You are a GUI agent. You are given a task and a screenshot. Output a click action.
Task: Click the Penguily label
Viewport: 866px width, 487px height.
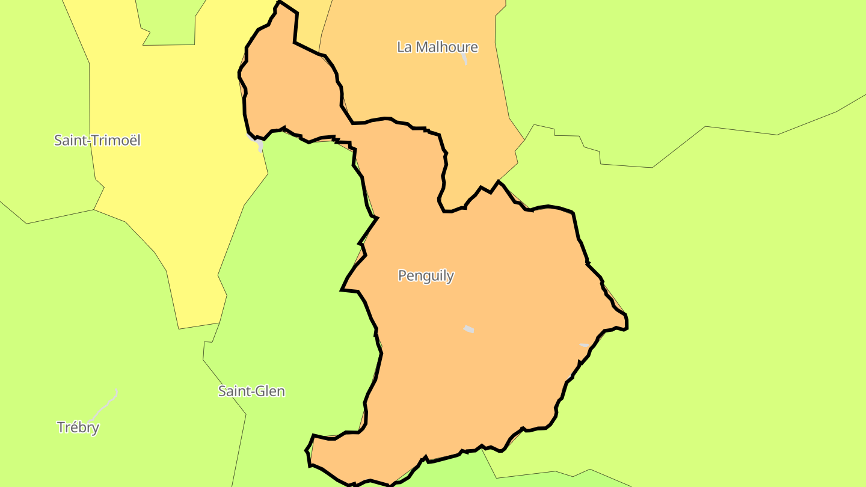pyautogui.click(x=426, y=276)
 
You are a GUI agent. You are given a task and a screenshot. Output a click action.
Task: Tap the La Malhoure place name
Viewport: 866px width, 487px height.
pyautogui.click(x=437, y=47)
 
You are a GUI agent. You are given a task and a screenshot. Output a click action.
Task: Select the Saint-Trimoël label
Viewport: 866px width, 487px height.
pyautogui.click(x=97, y=140)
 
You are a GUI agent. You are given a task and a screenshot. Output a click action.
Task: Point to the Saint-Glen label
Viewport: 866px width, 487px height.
pyautogui.click(x=251, y=391)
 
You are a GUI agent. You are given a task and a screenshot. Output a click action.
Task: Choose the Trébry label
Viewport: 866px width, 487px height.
pyautogui.click(x=78, y=427)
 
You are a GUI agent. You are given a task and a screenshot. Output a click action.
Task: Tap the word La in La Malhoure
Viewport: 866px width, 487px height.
pyautogui.click(x=404, y=47)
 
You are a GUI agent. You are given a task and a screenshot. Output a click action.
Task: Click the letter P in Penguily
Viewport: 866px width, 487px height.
pyautogui.click(x=402, y=276)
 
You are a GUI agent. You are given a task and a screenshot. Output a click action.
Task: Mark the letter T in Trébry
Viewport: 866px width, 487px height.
pyautogui.click(x=61, y=427)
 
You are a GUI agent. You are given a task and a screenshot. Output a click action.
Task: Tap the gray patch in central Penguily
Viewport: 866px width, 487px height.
pyautogui.click(x=468, y=329)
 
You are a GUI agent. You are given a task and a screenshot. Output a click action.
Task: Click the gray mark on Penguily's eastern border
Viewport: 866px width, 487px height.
pyautogui.click(x=584, y=345)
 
